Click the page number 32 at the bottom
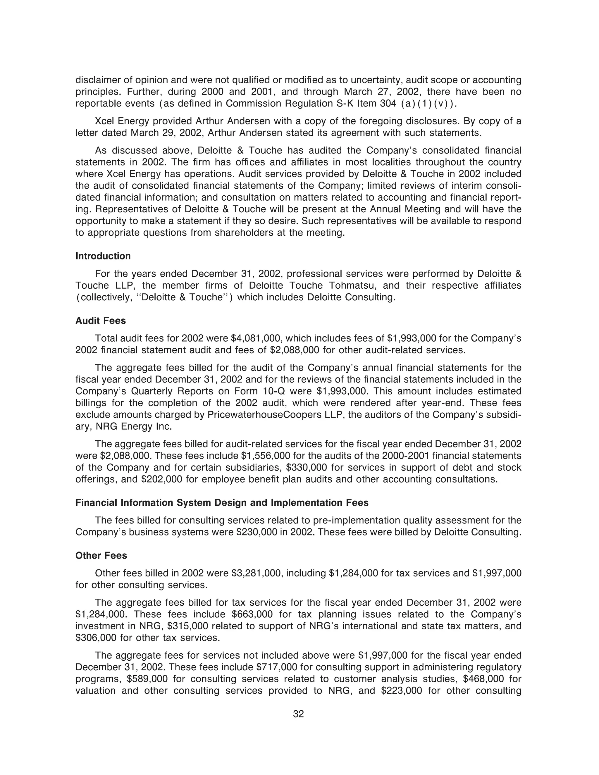tap(298, 714)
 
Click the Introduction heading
tap(103, 256)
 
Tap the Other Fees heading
tap(101, 556)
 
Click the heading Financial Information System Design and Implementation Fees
tap(222, 503)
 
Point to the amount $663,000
tap(252, 614)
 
